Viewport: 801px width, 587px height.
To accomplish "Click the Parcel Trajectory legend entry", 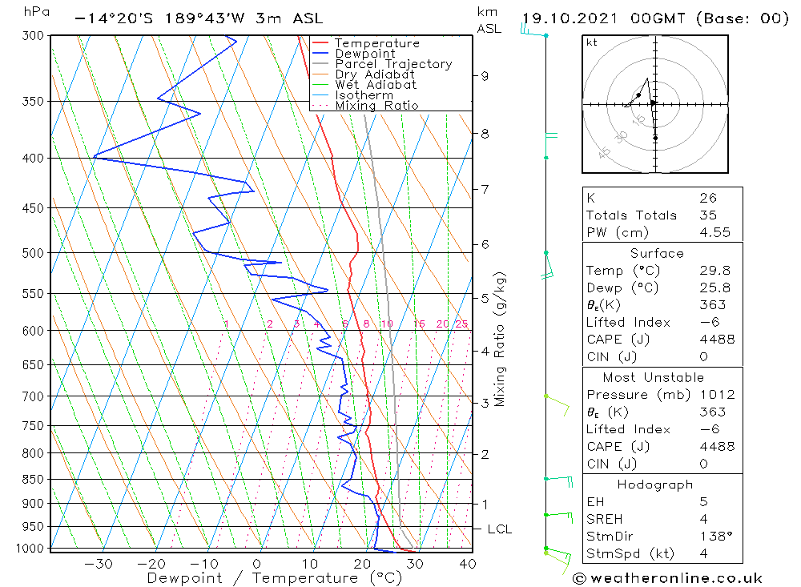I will pyautogui.click(x=392, y=64).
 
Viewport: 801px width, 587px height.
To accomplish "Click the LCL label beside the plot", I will pyautogui.click(x=499, y=529).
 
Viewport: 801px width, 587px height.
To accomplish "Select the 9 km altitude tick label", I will pyautogui.click(x=485, y=76).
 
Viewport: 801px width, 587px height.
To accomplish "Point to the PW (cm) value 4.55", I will pyautogui.click(x=712, y=232).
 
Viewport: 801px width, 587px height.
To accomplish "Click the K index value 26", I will pyautogui.click(x=707, y=198).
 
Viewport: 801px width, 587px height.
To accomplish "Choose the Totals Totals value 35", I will pyautogui.click(x=707, y=215).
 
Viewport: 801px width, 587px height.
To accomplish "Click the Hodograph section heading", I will pyautogui.click(x=656, y=484).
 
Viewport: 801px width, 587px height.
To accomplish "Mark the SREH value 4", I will pyautogui.click(x=702, y=519).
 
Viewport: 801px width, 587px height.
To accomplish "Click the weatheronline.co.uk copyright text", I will pyautogui.click(x=668, y=578).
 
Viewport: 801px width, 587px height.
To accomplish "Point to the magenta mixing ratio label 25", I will pyautogui.click(x=461, y=324).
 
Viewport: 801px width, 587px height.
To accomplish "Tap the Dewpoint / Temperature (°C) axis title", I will pyautogui.click(x=274, y=577).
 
